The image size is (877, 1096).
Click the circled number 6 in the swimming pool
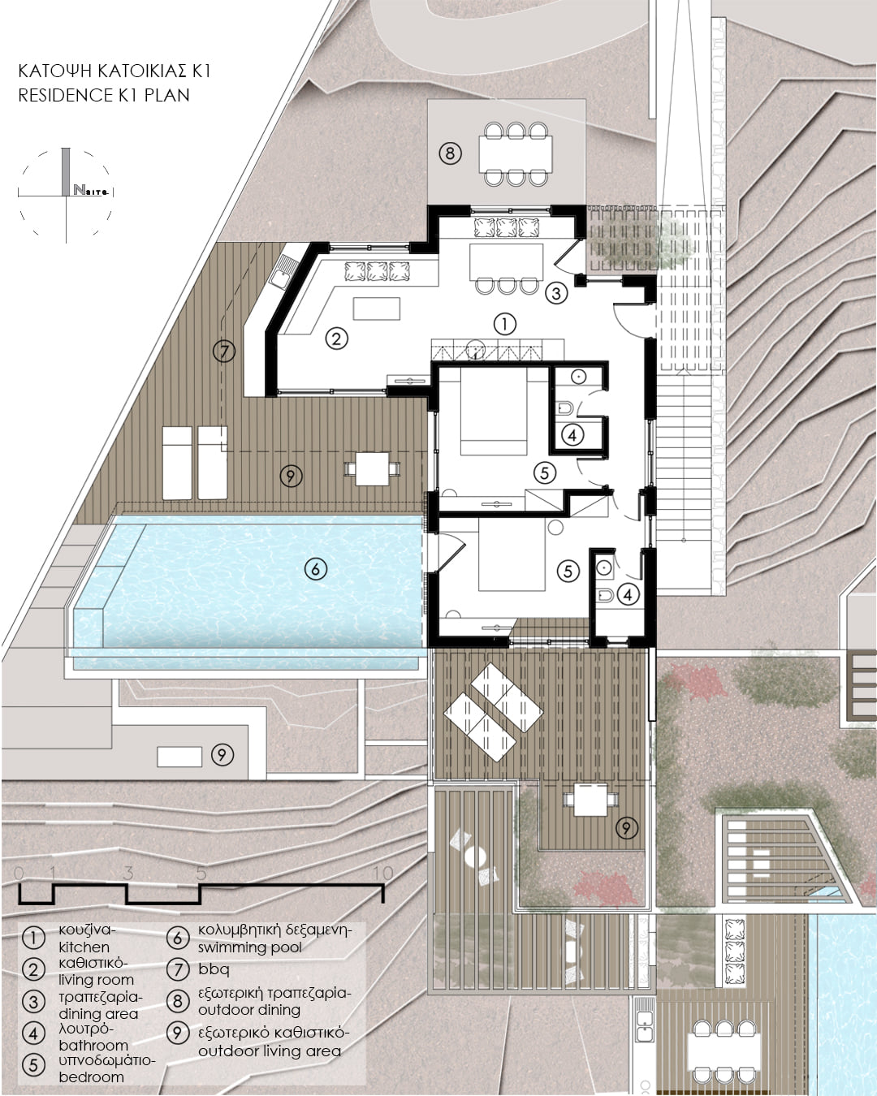tap(315, 569)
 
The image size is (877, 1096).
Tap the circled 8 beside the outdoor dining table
tap(450, 153)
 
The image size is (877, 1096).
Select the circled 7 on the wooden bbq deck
tap(224, 351)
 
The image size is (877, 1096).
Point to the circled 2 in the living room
tap(336, 339)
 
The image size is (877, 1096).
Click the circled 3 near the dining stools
tap(556, 293)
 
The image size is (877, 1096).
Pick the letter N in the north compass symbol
tap(79, 190)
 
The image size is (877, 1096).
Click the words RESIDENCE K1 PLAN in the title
tap(104, 95)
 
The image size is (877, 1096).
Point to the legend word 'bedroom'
tap(92, 1077)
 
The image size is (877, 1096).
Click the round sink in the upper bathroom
tap(579, 377)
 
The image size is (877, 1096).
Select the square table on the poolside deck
tap(371, 468)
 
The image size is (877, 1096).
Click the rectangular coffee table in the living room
tap(377, 309)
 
